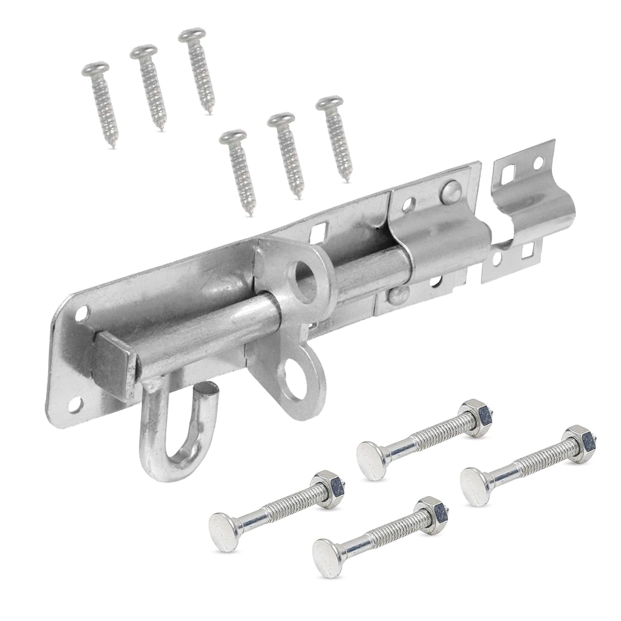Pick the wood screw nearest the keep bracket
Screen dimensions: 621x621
[337, 138]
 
